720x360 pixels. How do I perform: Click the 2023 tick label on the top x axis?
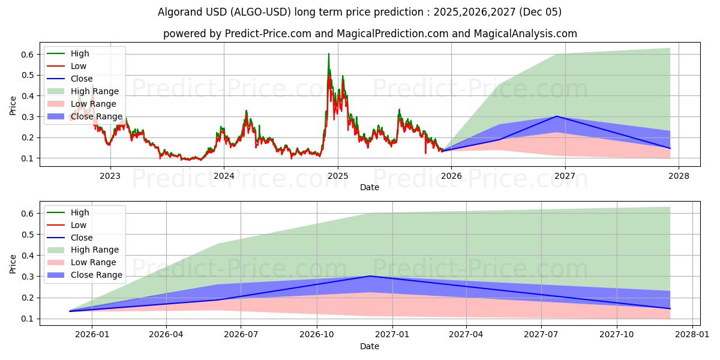tap(110, 176)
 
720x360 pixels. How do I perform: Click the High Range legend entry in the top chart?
tap(95, 91)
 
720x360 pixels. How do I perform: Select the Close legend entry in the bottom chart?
tap(82, 238)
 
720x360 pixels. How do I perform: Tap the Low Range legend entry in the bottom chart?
tap(93, 262)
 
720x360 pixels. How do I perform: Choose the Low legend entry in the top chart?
tap(79, 66)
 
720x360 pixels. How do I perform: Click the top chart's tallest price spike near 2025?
tap(328, 54)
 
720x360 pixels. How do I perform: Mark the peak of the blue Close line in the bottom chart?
tap(370, 276)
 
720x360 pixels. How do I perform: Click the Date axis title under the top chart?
tap(370, 187)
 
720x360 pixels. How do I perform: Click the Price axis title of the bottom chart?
tap(13, 263)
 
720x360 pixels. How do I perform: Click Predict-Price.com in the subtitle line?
tap(263, 34)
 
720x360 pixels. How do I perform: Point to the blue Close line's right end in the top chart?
tap(670, 148)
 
